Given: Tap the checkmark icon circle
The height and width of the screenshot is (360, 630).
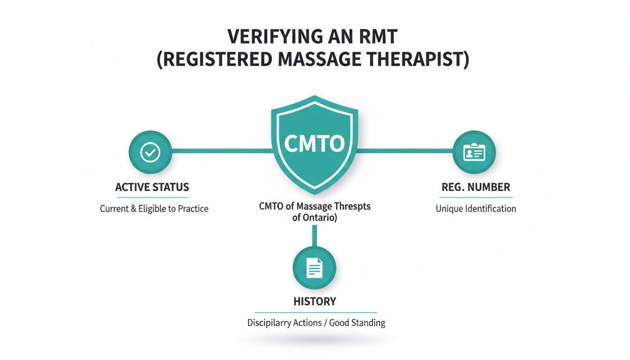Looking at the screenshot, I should click(150, 151).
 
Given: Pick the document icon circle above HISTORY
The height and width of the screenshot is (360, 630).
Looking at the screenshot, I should click(314, 268).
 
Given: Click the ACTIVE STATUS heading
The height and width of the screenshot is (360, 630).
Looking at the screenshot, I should click(152, 187).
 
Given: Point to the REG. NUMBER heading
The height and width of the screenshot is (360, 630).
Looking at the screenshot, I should click(476, 187).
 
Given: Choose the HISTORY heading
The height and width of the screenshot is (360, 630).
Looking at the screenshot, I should click(315, 301).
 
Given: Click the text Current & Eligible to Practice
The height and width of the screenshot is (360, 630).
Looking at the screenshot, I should click(154, 209).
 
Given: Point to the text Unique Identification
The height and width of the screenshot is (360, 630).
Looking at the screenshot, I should click(476, 209).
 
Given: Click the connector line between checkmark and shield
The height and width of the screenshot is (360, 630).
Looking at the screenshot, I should click(220, 151).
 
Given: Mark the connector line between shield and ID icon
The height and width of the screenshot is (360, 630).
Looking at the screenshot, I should click(405, 151).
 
